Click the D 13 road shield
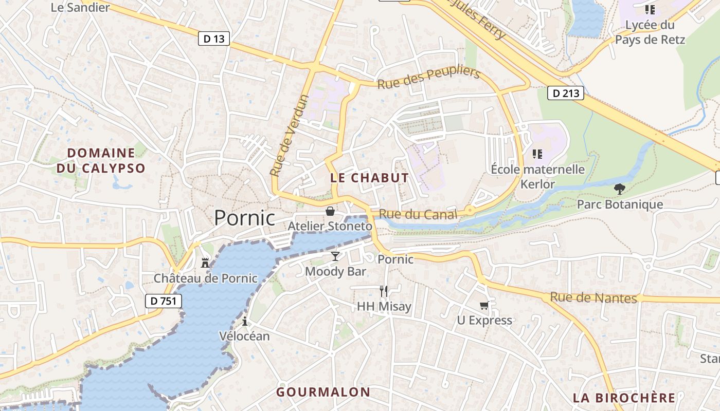pyautogui.click(x=213, y=39)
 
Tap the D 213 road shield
pyautogui.click(x=565, y=93)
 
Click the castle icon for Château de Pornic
pyautogui.click(x=205, y=264)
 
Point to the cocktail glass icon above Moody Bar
pyautogui.click(x=335, y=256)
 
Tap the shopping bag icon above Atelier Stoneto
pyautogui.click(x=330, y=211)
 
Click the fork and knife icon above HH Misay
pyautogui.click(x=384, y=291)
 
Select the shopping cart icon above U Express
pyautogui.click(x=484, y=306)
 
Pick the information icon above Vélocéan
pyautogui.click(x=245, y=322)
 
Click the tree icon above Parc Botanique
pyautogui.click(x=620, y=189)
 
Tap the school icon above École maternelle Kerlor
pyautogui.click(x=537, y=154)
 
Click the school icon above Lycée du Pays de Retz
pyautogui.click(x=650, y=9)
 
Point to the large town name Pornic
pyautogui.click(x=244, y=218)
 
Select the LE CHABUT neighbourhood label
pyautogui.click(x=369, y=178)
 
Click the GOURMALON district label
pyautogui.click(x=323, y=392)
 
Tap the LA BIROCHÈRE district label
pyautogui.click(x=624, y=398)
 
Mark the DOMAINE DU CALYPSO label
pyautogui.click(x=101, y=160)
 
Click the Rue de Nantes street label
pyautogui.click(x=593, y=297)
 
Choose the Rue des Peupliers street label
pyautogui.click(x=428, y=78)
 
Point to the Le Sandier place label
pyautogui.click(x=80, y=7)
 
